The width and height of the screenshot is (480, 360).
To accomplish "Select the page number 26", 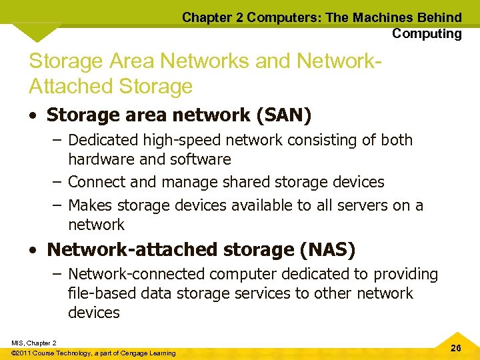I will (456, 348).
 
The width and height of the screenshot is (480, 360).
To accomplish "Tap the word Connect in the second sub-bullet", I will (96, 182).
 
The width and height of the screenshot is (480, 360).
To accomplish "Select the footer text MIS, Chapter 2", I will (33, 343).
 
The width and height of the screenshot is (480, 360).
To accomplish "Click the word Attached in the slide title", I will (71, 86).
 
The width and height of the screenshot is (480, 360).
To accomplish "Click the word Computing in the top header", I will (427, 33).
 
